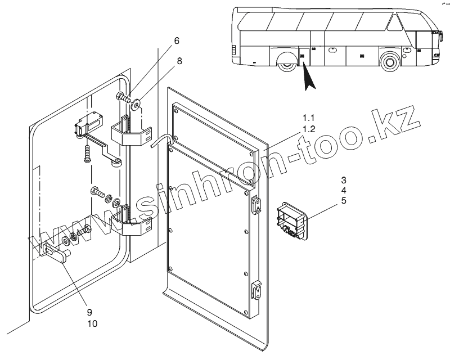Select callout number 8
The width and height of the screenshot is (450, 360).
pos(179,62)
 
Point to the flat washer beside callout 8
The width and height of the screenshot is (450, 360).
pos(137,104)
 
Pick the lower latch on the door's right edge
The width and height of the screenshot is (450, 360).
pos(256,290)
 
